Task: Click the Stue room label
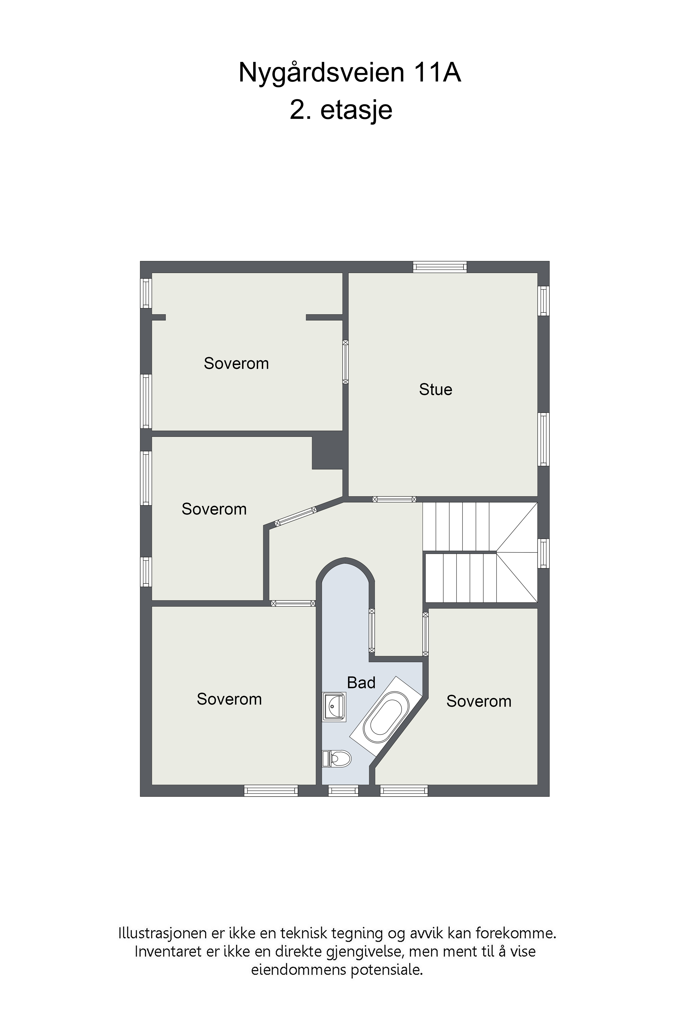[x=435, y=390]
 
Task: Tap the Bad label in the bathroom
[x=361, y=683]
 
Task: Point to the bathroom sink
[x=334, y=707]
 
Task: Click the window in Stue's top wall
[x=440, y=267]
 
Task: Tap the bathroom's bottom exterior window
[x=343, y=791]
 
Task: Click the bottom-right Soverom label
[x=479, y=701]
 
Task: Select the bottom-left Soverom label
[x=229, y=699]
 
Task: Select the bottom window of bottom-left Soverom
[x=271, y=791]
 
